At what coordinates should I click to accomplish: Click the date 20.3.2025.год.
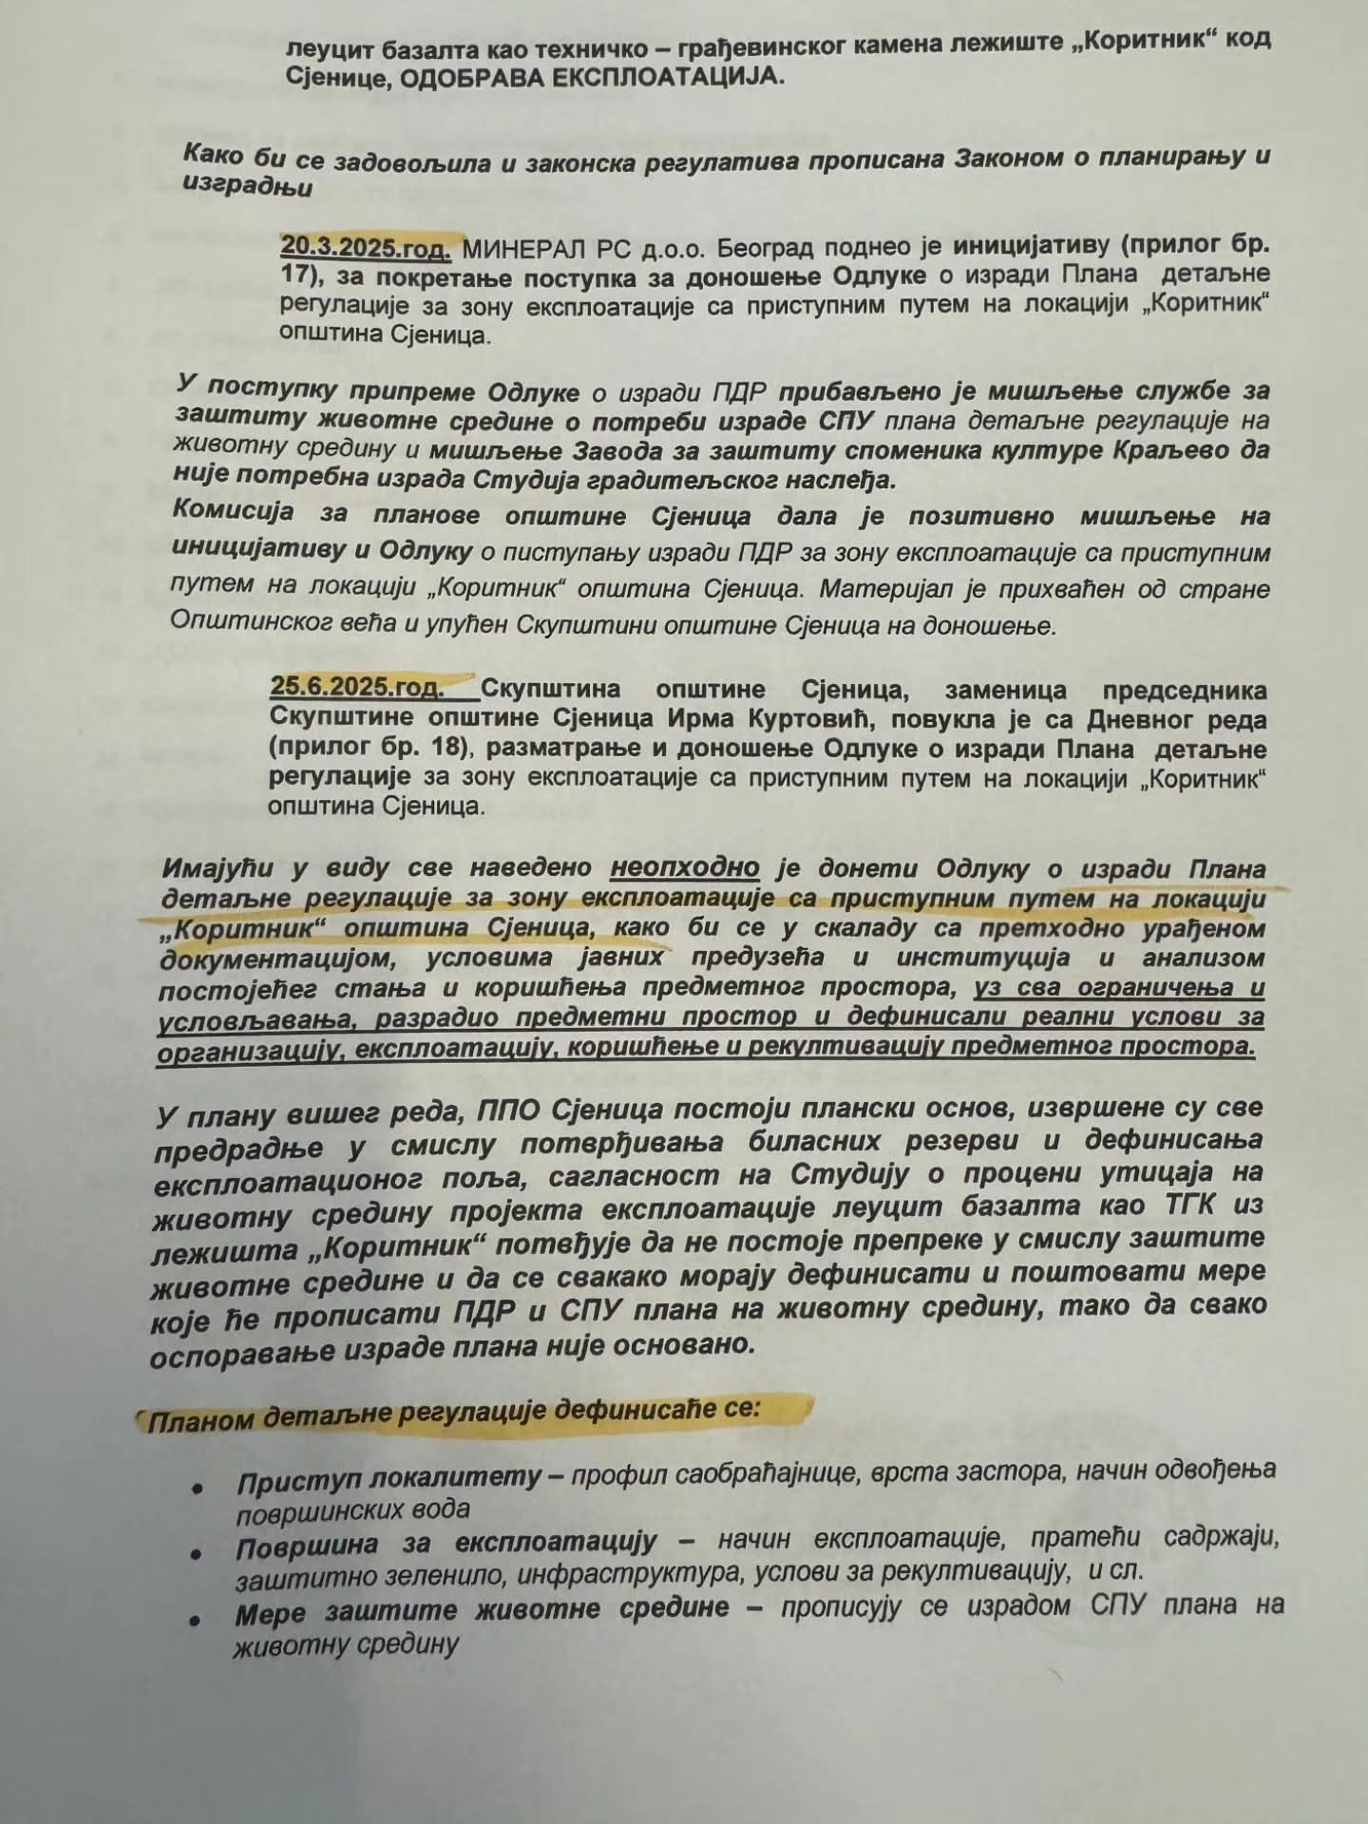365,249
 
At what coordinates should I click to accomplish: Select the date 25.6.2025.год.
356,687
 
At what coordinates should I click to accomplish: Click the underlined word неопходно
685,868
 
